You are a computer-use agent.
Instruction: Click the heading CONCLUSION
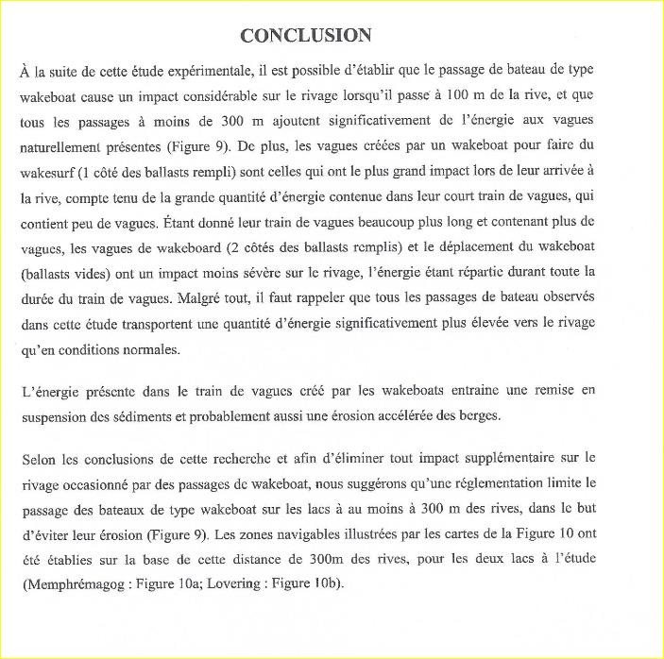(305, 36)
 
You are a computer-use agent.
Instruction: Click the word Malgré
(247, 297)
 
